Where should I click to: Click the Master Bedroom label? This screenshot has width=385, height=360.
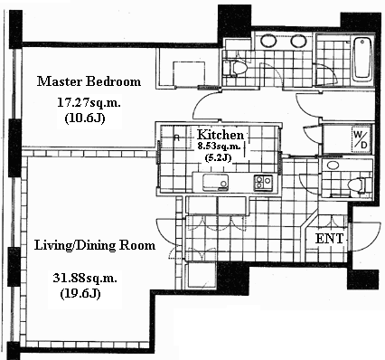pos(89,81)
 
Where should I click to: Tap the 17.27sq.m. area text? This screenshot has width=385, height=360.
pos(89,103)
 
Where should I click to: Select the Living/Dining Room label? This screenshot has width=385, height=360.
pos(95,245)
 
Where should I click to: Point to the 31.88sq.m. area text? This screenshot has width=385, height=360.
pos(85,278)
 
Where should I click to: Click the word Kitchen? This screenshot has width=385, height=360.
pos(221,135)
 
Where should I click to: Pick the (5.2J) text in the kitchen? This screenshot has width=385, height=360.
pos(218,157)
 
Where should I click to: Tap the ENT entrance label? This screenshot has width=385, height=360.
pos(329,239)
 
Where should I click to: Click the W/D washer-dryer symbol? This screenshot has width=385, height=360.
pos(361,139)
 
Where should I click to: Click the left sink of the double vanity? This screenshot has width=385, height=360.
pos(268,41)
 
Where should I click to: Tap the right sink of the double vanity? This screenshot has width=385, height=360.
pos(298,41)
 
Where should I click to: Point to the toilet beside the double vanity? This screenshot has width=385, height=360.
pos(234,68)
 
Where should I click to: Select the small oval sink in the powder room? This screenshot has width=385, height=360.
pos(333,166)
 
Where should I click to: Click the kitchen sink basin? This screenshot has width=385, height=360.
pos(215,182)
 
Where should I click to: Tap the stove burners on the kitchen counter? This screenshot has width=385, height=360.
pos(264,182)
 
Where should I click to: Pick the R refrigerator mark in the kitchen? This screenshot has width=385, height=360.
pos(177,137)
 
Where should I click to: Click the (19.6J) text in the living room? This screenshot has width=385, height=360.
pos(80,294)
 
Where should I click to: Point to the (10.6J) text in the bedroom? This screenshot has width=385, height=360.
pos(85,118)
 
